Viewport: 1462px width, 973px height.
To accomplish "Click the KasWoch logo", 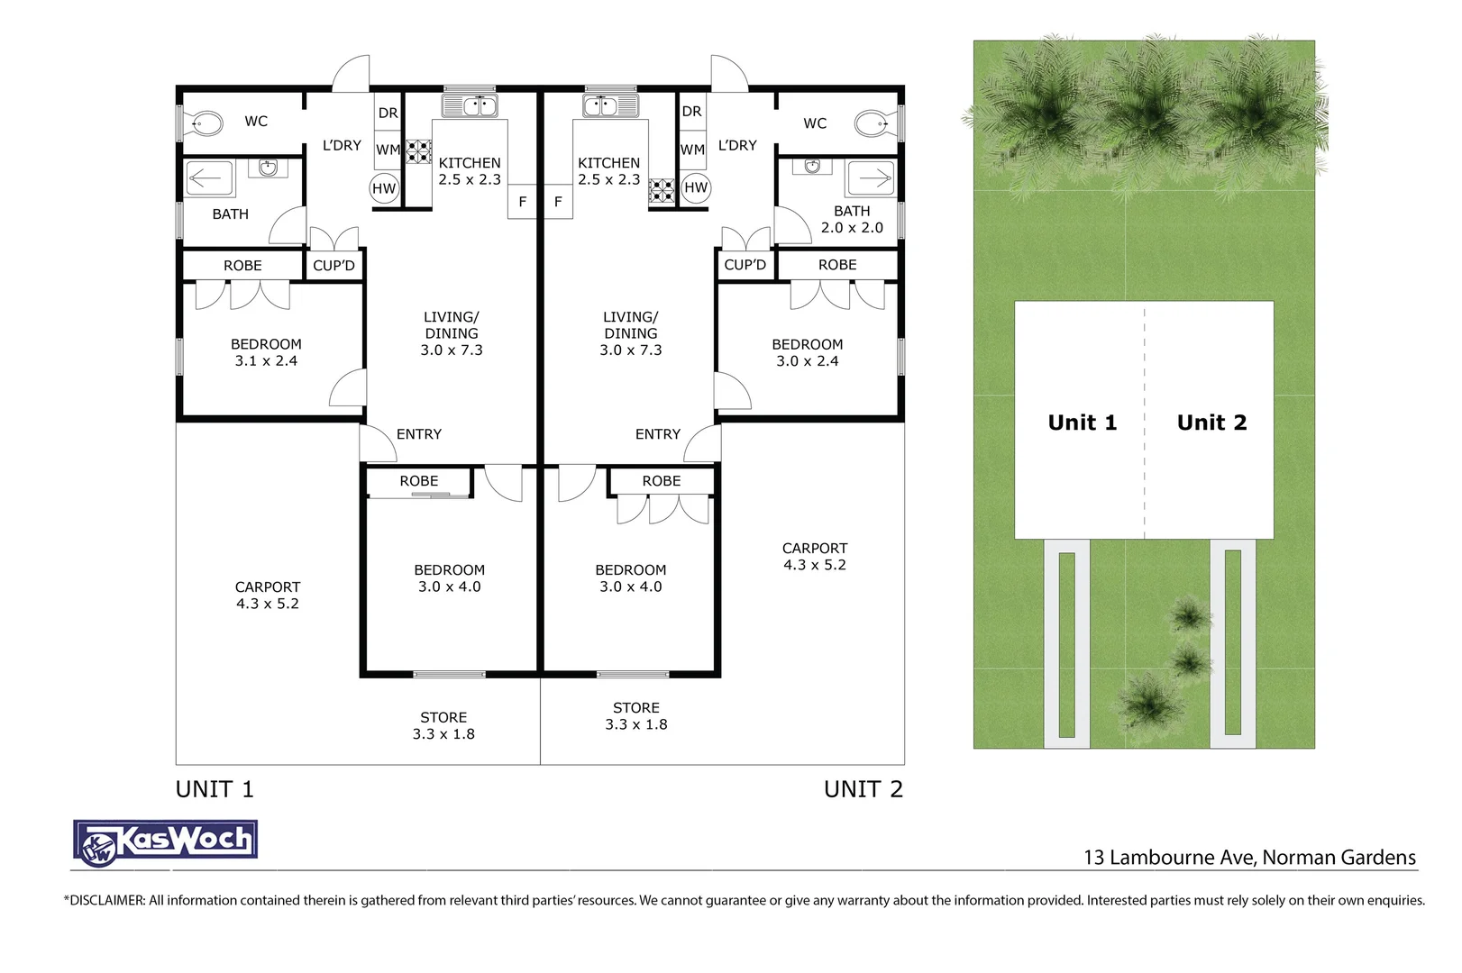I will (166, 842).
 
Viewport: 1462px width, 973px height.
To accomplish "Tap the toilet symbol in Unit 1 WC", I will (206, 123).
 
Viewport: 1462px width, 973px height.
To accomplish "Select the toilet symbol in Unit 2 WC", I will (873, 123).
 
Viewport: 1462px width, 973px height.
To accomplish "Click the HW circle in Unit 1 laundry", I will (384, 188).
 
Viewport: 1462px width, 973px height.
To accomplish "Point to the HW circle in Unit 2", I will (696, 187).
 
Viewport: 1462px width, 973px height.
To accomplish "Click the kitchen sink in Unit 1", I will (469, 105).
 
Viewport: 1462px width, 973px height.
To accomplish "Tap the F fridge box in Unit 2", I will (558, 202).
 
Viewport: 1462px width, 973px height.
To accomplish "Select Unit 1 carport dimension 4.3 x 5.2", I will (268, 604).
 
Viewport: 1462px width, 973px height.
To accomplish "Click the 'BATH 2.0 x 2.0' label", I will (852, 219).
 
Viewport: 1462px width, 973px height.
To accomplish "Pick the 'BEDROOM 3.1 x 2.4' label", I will (266, 352).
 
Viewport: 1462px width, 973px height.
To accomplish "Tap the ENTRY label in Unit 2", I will (658, 434).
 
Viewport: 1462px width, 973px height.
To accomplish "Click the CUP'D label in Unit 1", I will (334, 266).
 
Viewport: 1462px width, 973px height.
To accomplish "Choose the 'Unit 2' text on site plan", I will (1211, 423).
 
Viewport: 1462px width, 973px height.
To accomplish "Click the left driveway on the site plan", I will (1067, 644).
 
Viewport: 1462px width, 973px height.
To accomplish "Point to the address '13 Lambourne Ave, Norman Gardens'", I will (1249, 857).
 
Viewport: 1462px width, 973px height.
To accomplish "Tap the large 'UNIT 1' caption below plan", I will (215, 789).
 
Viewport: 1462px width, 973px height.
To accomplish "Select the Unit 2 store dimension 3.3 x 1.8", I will (636, 724).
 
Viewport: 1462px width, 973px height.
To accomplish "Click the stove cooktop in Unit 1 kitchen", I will (418, 150).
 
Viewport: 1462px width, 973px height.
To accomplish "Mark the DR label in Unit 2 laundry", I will (691, 112).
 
